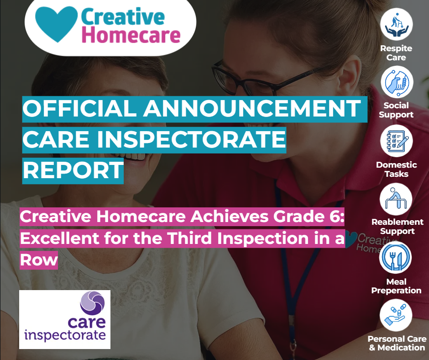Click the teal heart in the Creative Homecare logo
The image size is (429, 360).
pos(56,24)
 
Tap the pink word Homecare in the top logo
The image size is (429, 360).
pos(131,35)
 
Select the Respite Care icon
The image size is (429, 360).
pos(397,24)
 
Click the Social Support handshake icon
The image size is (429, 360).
pos(397,82)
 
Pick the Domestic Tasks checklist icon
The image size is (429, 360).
pos(397,141)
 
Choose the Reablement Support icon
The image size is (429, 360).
pos(396,199)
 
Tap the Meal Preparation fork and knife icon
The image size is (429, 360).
pos(395,258)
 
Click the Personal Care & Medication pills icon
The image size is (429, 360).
pos(396,315)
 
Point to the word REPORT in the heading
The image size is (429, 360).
pos(73,170)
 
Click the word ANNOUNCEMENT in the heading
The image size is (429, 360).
pos(252,108)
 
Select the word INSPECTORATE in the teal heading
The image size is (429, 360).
pos(191,139)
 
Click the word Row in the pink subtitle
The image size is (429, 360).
pos(39,260)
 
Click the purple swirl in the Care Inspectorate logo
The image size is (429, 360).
pos(93,303)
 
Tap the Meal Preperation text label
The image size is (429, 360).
pos(396,286)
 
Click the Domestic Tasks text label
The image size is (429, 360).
pos(397,169)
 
